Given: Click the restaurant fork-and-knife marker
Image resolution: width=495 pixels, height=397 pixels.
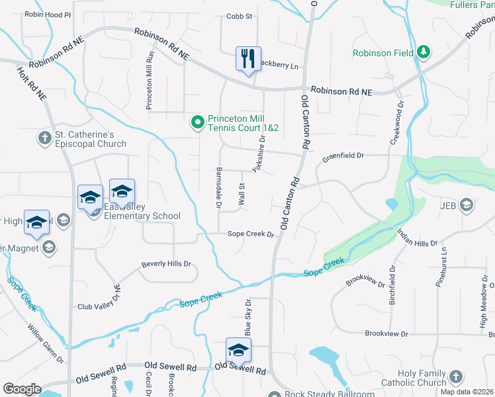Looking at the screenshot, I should pos(248,59).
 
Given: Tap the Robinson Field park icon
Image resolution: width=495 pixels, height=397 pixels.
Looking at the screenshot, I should pos(424,52).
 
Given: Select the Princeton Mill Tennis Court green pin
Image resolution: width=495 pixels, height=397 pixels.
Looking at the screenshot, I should pos(197,122).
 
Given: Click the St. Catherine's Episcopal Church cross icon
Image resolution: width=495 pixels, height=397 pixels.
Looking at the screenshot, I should pos(44,138).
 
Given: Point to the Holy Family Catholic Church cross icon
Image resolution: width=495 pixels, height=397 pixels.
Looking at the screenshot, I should pos(455,377).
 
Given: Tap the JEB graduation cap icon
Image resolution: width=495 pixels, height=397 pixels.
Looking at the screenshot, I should pos(466,204).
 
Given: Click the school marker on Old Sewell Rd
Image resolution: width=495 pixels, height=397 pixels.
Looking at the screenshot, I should pos(238,351).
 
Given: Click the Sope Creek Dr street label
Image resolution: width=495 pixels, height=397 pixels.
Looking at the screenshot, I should pos(251,234).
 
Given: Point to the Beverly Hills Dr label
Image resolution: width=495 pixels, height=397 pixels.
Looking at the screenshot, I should pos(166,264).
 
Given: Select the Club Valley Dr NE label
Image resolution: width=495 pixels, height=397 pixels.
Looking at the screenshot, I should pos(99,298).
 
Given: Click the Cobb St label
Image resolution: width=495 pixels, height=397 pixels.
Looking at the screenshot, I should pos(240,17).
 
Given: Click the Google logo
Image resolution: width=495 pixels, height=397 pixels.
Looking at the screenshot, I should pos(21,388).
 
